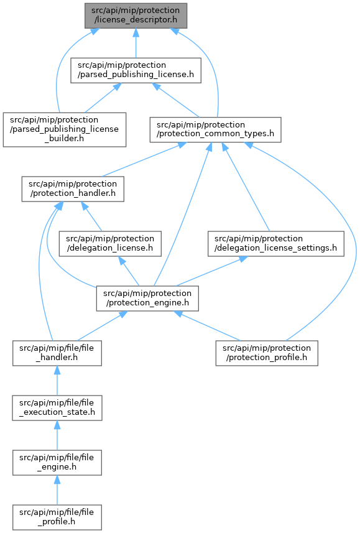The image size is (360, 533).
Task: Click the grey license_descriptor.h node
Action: pyautogui.click(x=136, y=16)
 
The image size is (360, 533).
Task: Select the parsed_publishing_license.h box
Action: pyautogui.click(x=136, y=70)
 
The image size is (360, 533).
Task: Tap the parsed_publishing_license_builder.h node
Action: pyautogui.click(x=65, y=129)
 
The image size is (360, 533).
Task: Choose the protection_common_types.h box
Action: pyautogui.click(x=215, y=129)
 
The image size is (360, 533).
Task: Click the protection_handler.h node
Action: pyautogui.click(x=73, y=188)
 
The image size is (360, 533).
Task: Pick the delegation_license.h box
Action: pyautogui.click(x=110, y=244)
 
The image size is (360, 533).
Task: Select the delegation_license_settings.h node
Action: pyautogui.click(x=275, y=244)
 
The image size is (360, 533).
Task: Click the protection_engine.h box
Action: pyautogui.click(x=147, y=299)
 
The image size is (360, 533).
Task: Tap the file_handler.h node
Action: pyautogui.click(x=57, y=353)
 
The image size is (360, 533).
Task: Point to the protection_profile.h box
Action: pyautogui.click(x=267, y=353)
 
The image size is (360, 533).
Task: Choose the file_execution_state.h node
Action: pyautogui.click(x=57, y=408)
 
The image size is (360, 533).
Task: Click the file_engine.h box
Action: pyautogui.click(x=57, y=463)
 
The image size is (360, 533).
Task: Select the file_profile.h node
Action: pyautogui.click(x=57, y=517)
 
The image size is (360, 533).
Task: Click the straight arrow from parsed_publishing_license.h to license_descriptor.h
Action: pyautogui.click(x=136, y=43)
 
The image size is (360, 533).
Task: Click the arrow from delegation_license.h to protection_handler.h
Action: pyautogui.click(x=91, y=216)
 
